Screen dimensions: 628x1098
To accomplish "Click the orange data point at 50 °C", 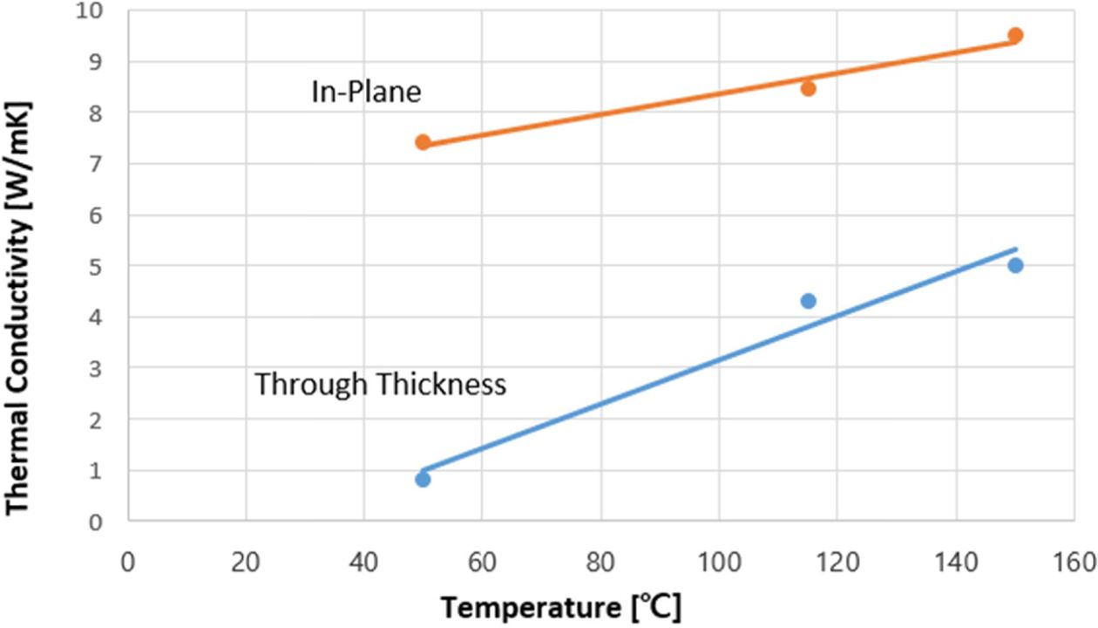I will (423, 142).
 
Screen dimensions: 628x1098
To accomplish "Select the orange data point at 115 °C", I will (808, 88).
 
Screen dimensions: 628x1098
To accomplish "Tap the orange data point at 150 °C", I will (1015, 36).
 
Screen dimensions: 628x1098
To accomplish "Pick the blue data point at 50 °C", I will (423, 479).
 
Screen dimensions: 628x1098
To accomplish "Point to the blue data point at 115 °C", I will (808, 301).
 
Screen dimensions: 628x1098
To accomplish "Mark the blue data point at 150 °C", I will (1015, 265).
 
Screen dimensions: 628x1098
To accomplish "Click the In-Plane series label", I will (366, 92).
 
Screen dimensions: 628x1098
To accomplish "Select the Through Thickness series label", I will (380, 384).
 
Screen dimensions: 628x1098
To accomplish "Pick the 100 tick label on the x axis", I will (719, 558).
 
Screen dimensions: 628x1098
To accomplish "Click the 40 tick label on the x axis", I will (364, 558).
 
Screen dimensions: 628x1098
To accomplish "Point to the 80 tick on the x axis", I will (600, 558).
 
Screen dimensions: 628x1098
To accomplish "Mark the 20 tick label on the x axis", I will (247, 558).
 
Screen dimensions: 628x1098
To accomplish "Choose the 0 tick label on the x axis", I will (128, 558).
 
